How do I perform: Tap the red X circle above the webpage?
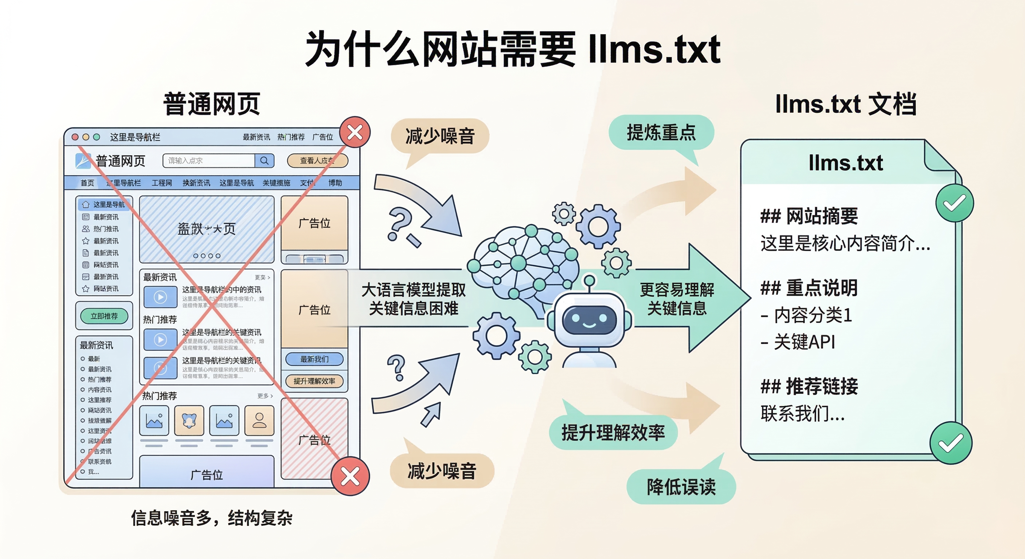click(355, 132)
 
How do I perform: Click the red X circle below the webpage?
click(350, 476)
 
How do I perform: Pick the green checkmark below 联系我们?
click(951, 443)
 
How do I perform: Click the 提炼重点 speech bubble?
click(661, 132)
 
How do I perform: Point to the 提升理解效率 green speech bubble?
click(613, 433)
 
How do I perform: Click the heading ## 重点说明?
click(809, 288)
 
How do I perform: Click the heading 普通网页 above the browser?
click(212, 104)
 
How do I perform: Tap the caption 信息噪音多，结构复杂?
click(212, 518)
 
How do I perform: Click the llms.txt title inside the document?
click(846, 163)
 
